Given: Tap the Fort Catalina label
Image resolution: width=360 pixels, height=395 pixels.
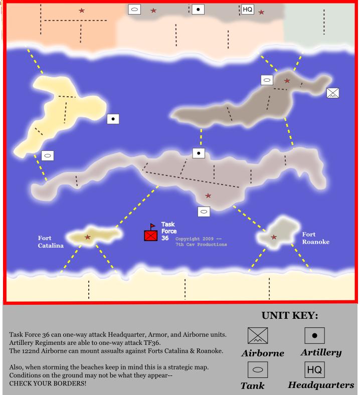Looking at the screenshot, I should coord(51,242).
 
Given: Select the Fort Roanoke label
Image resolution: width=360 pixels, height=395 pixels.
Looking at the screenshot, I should coord(315,238).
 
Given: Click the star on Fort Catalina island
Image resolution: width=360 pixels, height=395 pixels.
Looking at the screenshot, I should coord(88,237).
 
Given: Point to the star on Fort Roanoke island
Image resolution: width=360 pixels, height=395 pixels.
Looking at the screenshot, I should coord(274,237).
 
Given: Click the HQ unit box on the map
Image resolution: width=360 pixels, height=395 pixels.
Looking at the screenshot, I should coord(247,10).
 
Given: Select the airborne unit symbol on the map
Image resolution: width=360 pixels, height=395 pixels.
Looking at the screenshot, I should coord(332,93).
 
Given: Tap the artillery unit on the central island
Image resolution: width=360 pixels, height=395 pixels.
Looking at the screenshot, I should coord(199,153).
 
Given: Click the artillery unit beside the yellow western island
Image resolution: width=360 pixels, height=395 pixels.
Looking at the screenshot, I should coord(113,119).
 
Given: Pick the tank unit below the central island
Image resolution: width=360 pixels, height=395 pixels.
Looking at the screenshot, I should coord(204,212).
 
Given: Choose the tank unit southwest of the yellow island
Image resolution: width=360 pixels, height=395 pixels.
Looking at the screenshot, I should coord(48,155).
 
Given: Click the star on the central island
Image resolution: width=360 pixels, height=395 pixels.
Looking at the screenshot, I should coord(208,195).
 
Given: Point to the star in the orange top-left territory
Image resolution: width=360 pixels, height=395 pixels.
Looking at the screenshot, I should coord(82,11).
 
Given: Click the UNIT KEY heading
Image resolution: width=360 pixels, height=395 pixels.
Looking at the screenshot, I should coord(290,316).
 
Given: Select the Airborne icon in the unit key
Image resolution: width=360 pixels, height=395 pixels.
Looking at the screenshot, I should coord(258,336).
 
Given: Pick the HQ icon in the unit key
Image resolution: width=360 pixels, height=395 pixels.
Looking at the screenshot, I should coord(314,370).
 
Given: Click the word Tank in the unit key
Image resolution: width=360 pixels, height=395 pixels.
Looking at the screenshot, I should coord(252,385).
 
